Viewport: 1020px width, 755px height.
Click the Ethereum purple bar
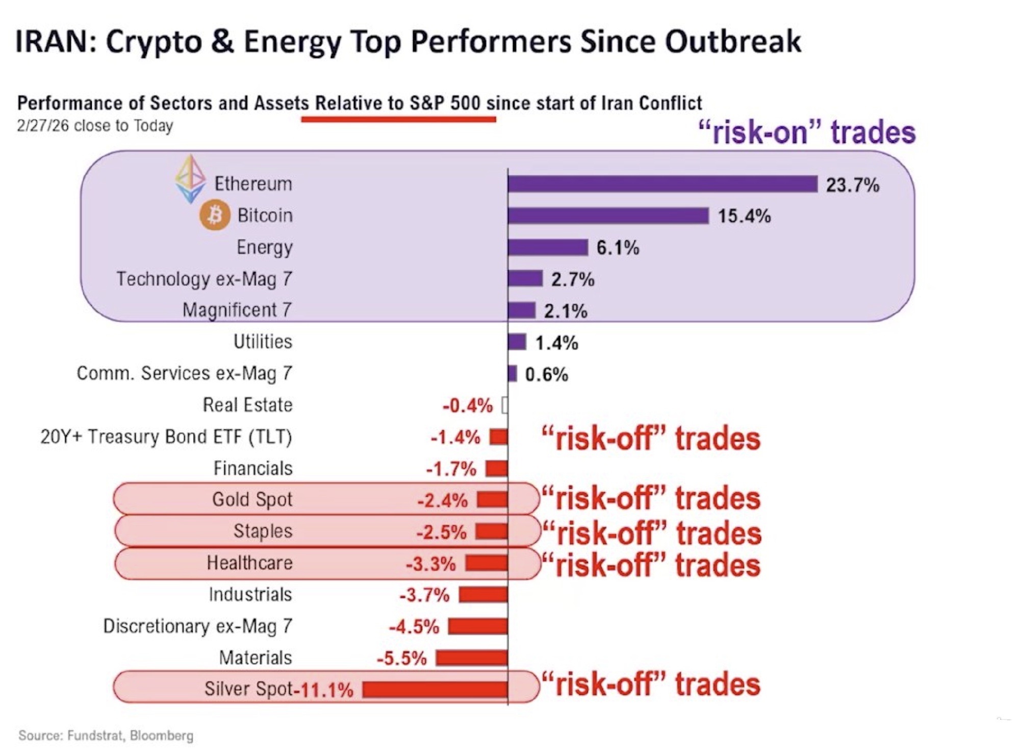[x=662, y=184]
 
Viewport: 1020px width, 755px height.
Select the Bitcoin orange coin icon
[x=214, y=215]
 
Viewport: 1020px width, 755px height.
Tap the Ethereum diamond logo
[x=190, y=179]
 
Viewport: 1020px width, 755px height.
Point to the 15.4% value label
[x=744, y=216]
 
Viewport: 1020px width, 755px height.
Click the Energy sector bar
[x=548, y=248]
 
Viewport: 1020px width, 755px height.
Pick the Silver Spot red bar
[x=435, y=690]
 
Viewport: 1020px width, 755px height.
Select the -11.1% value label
[x=324, y=690]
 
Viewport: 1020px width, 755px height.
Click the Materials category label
[x=256, y=657]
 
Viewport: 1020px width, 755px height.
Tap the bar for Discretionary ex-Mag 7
[x=478, y=626]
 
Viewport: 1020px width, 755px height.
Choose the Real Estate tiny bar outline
[x=504, y=405]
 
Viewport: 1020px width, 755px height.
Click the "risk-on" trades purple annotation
[x=806, y=132]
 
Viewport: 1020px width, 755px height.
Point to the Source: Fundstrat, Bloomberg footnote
[x=106, y=736]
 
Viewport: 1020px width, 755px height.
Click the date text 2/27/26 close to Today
[x=95, y=126]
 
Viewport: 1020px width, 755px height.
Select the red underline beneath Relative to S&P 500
[x=398, y=119]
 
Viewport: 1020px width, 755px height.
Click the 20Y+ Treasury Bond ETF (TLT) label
[x=166, y=437]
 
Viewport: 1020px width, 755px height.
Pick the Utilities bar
[x=517, y=342]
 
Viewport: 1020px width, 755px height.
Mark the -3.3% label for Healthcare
[x=430, y=564]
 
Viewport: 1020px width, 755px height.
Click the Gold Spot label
[x=252, y=499]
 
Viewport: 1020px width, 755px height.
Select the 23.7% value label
[x=853, y=185]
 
